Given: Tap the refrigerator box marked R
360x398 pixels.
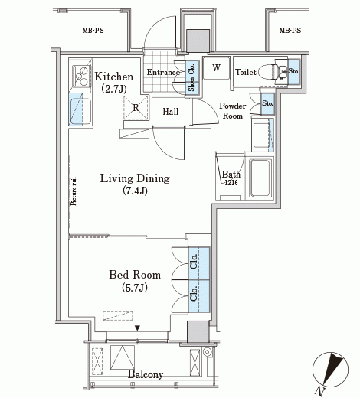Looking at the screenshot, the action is [x=136, y=107].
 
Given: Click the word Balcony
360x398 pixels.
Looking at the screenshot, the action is [x=146, y=374].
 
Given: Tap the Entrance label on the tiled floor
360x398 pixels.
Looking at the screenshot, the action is [x=163, y=72].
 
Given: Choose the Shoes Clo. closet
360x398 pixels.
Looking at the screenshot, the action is [x=192, y=78].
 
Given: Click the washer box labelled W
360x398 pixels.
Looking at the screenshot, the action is [x=217, y=68].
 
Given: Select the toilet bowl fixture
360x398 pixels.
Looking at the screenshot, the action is [x=268, y=71].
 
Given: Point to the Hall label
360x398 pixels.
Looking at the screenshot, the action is [x=171, y=112].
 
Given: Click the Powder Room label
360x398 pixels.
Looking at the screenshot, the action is [x=233, y=111].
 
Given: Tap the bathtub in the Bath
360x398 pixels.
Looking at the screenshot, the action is [x=260, y=178].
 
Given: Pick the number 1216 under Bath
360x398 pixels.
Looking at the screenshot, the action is [x=231, y=182].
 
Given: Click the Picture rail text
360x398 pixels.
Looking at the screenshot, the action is [x=74, y=191].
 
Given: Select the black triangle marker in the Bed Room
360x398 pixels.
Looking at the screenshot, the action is [x=138, y=328].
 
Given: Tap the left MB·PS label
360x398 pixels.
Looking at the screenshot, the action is [x=93, y=31].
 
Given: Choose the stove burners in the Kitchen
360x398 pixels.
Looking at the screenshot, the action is [x=82, y=76].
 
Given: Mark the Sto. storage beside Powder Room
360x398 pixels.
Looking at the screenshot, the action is [x=267, y=103].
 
